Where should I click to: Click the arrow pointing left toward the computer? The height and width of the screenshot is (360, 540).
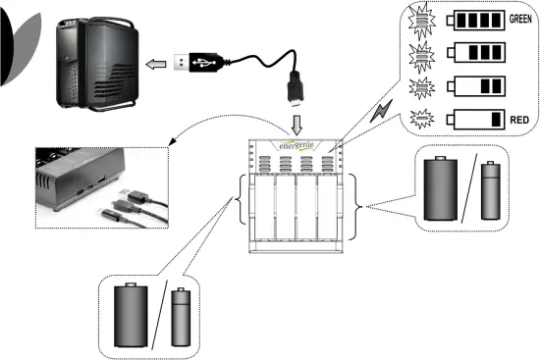(x=154, y=65)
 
